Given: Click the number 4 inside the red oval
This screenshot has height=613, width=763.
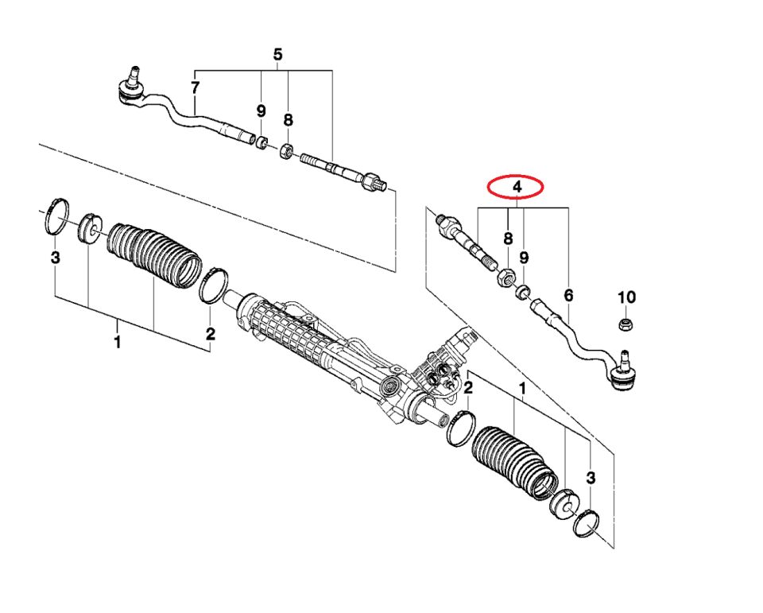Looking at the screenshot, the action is [x=517, y=187].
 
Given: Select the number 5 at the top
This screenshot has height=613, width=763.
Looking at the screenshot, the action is [x=277, y=55].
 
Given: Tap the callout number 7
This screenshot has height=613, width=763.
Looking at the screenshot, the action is [x=196, y=88].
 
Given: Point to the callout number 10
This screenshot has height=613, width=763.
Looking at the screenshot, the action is [x=627, y=297].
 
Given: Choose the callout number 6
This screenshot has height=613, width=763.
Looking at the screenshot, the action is [x=568, y=296].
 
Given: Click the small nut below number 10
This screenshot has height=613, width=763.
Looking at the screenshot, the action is [x=626, y=324].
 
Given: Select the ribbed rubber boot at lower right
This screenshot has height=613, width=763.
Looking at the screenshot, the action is [x=515, y=463].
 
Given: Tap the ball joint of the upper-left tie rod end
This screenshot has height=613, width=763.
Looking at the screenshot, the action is [x=131, y=89].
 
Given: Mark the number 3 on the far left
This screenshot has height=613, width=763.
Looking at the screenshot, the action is [x=56, y=257].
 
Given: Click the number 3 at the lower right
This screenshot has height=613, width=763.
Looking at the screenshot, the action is [x=591, y=478].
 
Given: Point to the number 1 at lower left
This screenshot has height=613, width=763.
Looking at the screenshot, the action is [x=117, y=341].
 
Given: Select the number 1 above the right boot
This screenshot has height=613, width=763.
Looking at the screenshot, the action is [x=523, y=389].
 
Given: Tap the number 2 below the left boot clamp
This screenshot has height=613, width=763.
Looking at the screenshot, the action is [x=210, y=334].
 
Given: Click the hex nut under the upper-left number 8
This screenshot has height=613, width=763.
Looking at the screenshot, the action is [x=287, y=150].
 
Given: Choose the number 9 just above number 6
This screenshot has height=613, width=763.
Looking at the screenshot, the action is [x=524, y=257].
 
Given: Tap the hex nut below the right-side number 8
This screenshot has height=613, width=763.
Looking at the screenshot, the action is [x=505, y=278].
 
